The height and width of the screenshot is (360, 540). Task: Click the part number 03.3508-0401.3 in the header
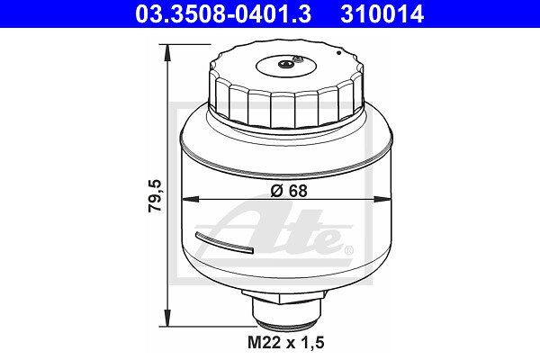click(x=223, y=14)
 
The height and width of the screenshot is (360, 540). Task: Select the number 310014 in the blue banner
click(x=382, y=14)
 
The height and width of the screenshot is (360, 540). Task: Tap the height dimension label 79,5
click(x=155, y=195)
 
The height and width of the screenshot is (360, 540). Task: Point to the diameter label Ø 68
click(x=289, y=191)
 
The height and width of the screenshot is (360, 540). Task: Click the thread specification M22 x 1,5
click(x=286, y=342)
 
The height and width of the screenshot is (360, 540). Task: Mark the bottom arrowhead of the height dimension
click(x=167, y=318)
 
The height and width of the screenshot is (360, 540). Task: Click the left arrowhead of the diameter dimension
click(x=190, y=199)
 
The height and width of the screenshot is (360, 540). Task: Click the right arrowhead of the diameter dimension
click(x=382, y=199)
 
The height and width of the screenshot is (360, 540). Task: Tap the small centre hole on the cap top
click(x=286, y=64)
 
